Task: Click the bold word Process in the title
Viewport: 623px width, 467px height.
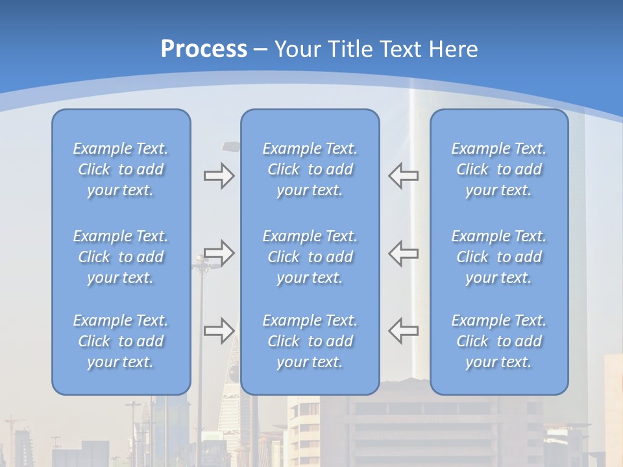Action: point(204,49)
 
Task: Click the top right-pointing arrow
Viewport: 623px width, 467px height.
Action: point(219,176)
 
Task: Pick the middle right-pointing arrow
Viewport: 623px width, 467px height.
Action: point(219,253)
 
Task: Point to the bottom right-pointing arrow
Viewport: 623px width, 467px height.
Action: point(219,331)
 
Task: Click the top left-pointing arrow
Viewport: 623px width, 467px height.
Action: point(403,176)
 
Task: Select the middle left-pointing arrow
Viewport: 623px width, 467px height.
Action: point(403,253)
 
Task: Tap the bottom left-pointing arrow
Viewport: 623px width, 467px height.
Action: point(403,331)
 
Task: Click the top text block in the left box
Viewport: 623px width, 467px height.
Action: point(121,169)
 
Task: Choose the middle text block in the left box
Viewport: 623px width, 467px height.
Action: point(121,257)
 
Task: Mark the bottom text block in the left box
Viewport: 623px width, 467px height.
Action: point(121,341)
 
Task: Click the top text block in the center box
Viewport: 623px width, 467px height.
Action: point(310,169)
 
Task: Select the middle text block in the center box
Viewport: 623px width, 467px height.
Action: point(310,257)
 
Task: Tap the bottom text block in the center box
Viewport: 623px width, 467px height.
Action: point(310,341)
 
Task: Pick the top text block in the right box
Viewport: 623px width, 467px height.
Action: point(499,169)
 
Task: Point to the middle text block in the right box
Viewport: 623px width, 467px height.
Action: point(499,257)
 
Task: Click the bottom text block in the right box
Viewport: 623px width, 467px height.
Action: point(499,341)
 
